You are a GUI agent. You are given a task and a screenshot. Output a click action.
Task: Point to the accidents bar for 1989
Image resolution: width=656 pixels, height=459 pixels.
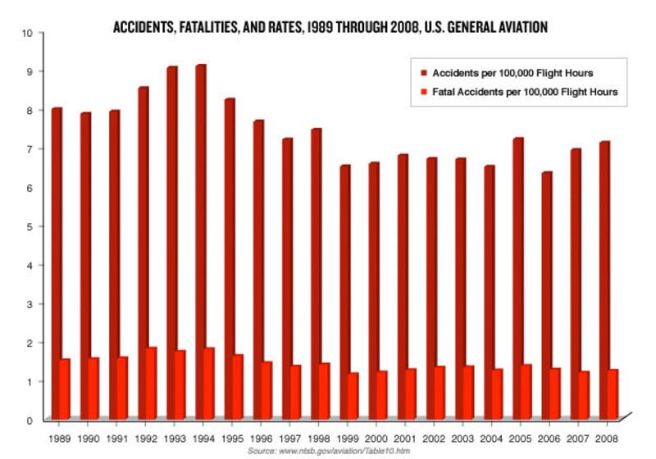tap(57, 262)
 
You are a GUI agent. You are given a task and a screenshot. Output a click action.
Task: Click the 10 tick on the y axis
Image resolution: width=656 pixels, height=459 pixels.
tap(26, 33)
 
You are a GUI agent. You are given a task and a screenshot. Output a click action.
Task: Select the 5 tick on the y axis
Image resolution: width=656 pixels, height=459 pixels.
tap(29, 226)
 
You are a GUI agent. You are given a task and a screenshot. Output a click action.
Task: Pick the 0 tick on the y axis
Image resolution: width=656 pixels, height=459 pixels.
tap(29, 420)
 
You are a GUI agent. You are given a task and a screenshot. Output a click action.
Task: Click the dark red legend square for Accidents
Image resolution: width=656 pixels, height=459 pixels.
tap(422, 72)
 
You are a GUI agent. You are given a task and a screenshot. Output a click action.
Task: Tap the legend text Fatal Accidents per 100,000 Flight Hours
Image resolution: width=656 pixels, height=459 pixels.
tap(524, 93)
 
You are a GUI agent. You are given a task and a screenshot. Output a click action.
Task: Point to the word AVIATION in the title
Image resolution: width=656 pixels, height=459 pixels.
tap(521, 28)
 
